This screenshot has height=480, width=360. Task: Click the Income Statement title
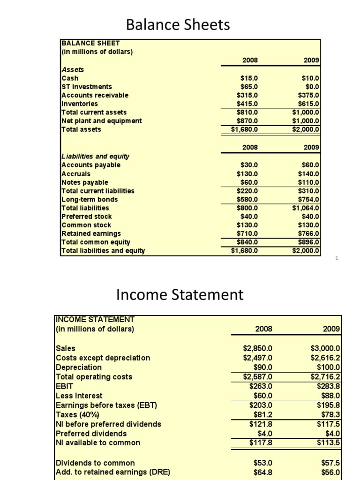tap(180, 295)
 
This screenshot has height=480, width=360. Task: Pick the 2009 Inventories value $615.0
tap(309, 104)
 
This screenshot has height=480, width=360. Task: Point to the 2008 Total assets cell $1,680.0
tap(244, 129)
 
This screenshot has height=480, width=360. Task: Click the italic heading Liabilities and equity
tap(96, 157)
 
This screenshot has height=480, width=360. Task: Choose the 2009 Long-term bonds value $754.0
tap(309, 199)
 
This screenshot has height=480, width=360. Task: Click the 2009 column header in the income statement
tap(331, 329)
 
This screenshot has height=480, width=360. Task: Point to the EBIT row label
tap(65, 386)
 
